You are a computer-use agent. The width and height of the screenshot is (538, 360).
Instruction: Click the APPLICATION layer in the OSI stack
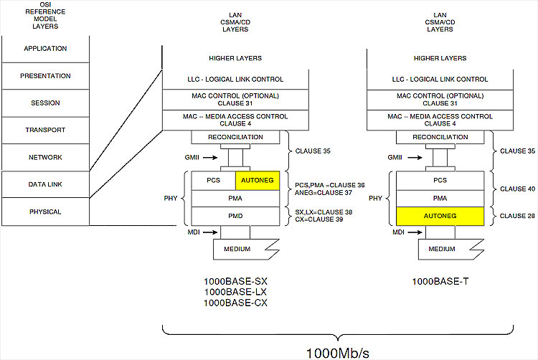point(44,49)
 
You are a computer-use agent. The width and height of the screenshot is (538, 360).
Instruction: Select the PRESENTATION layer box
point(44,76)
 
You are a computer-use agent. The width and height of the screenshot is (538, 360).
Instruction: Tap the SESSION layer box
point(44,103)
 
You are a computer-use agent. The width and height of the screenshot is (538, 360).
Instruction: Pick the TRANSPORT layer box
point(44,131)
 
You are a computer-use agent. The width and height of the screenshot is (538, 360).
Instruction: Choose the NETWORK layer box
point(44,158)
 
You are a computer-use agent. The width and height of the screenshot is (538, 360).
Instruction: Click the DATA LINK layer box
point(44,185)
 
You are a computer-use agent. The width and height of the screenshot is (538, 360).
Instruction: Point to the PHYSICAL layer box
point(44,212)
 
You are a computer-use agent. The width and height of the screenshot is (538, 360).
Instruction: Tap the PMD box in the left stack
point(235,216)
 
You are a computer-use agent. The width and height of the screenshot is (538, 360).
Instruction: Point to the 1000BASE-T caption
point(440,282)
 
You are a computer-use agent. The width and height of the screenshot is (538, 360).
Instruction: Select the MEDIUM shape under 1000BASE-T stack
point(442,250)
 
